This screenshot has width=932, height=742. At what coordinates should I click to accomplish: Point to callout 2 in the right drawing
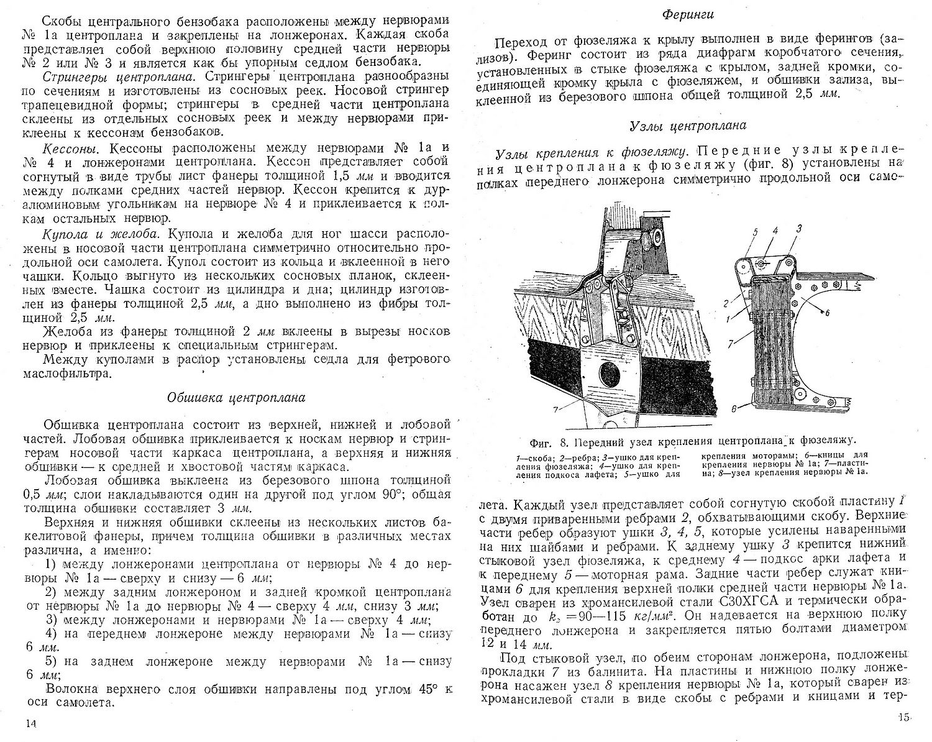[x=725, y=304]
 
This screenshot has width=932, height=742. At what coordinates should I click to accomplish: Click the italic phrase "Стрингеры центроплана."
[x=106, y=76]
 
